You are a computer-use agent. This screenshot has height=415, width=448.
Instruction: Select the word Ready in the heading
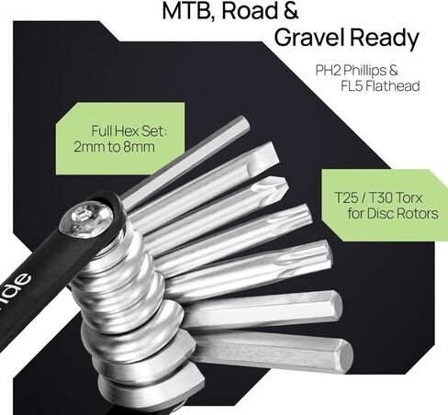pos(384,39)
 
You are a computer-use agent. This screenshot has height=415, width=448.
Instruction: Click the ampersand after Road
pos(288,10)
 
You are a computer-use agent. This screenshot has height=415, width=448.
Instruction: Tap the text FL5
pos(352,86)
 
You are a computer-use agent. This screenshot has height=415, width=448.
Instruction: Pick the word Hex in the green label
pos(125,131)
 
